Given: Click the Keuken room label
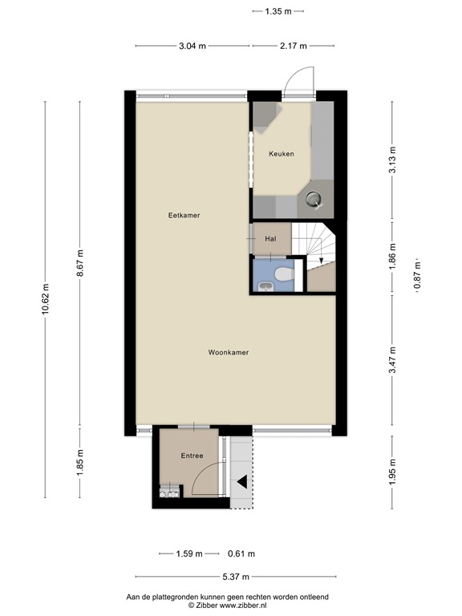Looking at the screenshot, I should pos(282,153).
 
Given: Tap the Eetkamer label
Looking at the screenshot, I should pos(184,215).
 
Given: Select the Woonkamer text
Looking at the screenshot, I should pos(228,352).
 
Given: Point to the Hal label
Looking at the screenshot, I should pos(270,238).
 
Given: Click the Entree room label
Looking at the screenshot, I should pos(192,456).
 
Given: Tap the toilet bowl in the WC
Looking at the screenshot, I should pos(282,275).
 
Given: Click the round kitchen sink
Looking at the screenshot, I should pos(314,199).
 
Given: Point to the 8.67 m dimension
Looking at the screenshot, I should pos(79,264).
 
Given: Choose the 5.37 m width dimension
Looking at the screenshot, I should pos(234,577).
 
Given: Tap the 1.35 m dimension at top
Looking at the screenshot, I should pos(278,11).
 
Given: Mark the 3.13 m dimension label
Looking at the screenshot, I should pos(392,160).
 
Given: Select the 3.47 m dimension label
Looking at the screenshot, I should pos(392,360).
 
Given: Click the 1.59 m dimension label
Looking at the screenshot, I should pos(190,553).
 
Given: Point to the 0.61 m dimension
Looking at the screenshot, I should pos(241,553).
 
